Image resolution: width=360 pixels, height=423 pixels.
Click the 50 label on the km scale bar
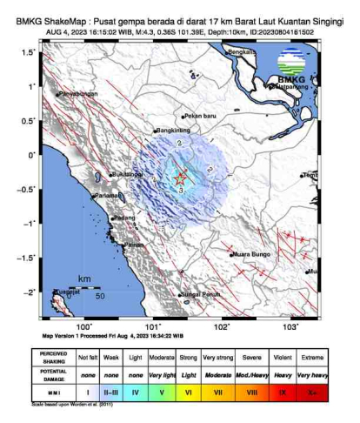100,297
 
